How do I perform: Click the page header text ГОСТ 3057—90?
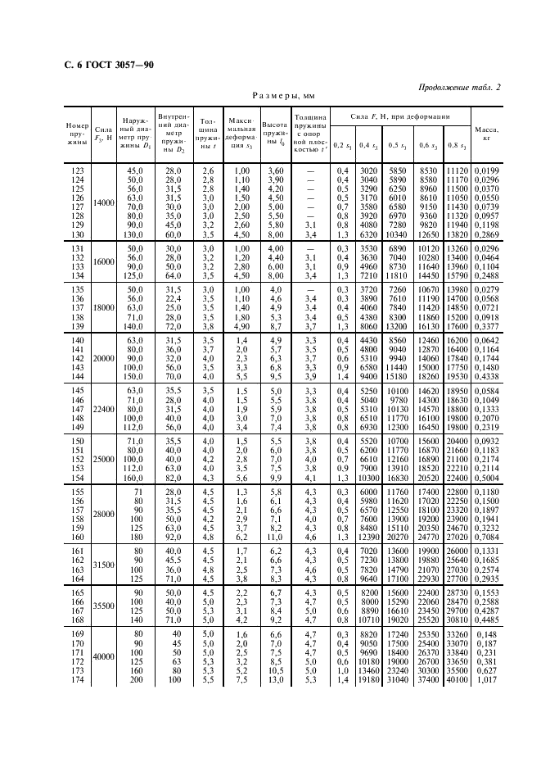point(108,65)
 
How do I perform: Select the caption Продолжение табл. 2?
point(460,88)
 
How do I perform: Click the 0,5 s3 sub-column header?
point(399,144)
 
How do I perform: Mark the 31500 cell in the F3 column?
point(104,565)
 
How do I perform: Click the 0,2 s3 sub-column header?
point(342,144)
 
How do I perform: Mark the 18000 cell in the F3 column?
point(104,308)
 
